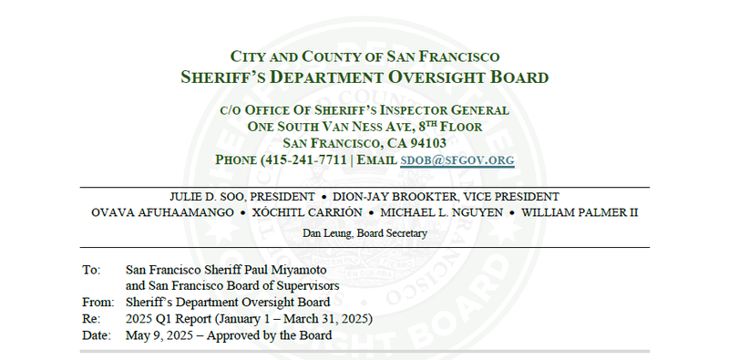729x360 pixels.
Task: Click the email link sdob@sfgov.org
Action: [x=457, y=159]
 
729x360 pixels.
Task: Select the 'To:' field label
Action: [x=89, y=271]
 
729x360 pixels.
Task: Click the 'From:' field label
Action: [x=95, y=303]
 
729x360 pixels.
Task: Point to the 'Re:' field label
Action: [x=89, y=319]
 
